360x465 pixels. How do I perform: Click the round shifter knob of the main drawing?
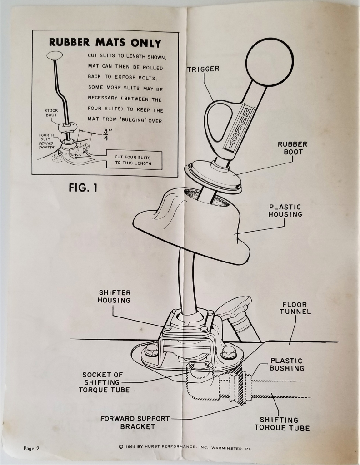(x=269, y=62)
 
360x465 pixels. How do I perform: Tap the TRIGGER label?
(x=203, y=69)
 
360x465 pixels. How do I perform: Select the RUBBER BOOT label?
(x=293, y=148)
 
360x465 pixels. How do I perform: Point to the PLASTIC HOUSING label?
(x=285, y=210)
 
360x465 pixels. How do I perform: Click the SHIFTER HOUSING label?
(x=115, y=297)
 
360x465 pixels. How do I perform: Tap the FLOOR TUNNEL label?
(x=295, y=308)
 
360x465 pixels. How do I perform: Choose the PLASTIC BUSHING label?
(x=286, y=364)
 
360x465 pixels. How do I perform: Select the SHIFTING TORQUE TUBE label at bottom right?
(x=282, y=424)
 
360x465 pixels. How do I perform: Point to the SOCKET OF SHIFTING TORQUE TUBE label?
(x=104, y=382)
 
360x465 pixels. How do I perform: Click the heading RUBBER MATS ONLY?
(x=105, y=43)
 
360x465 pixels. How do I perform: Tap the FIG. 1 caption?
(x=83, y=187)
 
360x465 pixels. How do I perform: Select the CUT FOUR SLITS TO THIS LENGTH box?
(x=134, y=160)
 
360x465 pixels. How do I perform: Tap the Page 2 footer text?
(x=31, y=448)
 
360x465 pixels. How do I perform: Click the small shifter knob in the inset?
(x=55, y=55)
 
